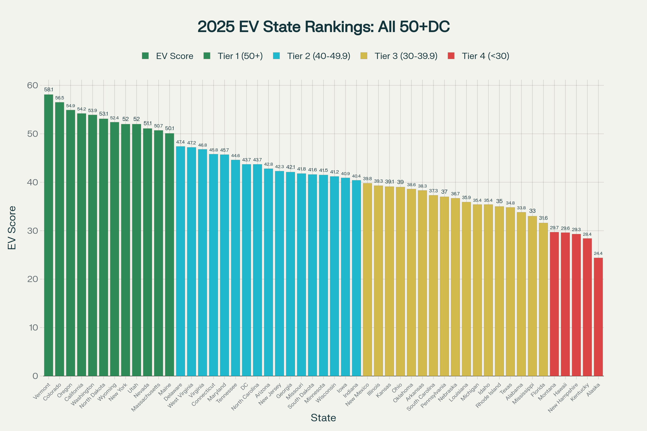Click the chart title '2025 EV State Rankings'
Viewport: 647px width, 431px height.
[x=323, y=27]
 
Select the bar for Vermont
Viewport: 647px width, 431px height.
[x=49, y=235]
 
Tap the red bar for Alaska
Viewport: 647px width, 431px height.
[x=598, y=317]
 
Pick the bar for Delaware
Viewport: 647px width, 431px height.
[x=180, y=261]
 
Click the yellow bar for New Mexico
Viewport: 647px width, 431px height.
[x=367, y=280]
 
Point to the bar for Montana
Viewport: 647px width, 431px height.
[x=554, y=304]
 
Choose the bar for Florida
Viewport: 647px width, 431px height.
[x=543, y=299]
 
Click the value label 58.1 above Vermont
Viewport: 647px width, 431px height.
[x=49, y=90]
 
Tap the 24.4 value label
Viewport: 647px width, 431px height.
[x=598, y=253]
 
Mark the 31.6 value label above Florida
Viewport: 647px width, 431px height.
[x=543, y=218]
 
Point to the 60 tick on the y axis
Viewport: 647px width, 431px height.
[x=32, y=85]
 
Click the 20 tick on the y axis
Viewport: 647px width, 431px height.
[x=32, y=279]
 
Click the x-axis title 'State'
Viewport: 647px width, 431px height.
[x=323, y=418]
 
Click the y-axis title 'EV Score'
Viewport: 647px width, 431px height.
[x=12, y=228]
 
